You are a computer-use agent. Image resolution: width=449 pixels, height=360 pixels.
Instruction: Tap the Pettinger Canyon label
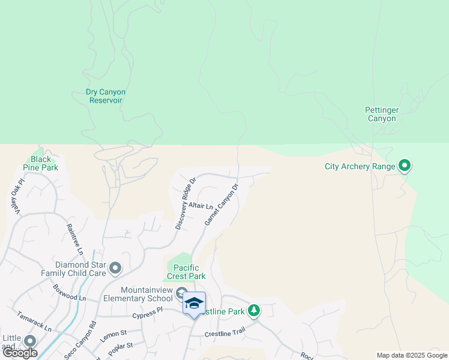coord(381,114)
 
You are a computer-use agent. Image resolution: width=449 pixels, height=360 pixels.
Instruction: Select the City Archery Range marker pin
coord(405,165)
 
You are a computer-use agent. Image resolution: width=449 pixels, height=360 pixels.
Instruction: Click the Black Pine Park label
coord(41,163)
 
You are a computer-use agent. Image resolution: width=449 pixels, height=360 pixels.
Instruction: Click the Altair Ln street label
coord(200,206)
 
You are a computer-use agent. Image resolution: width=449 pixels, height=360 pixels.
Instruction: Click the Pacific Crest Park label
coord(189,272)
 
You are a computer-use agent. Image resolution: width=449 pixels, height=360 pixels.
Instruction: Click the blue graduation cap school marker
coord(194,303)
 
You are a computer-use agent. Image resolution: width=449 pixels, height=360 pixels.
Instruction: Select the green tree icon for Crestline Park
coord(255,310)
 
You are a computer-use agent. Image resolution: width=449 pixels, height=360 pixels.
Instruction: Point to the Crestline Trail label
coord(225,334)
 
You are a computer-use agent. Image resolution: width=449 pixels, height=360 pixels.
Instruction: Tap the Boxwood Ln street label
coord(69,293)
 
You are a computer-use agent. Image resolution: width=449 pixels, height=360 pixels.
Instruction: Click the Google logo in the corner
coord(20,352)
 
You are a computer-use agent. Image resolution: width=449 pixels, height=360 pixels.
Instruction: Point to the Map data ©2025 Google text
coord(412,355)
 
